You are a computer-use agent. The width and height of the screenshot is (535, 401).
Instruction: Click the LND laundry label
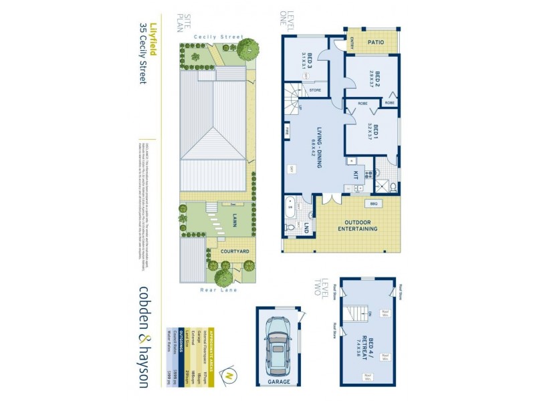tap(306, 227)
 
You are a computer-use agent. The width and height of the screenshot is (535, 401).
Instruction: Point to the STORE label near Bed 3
tap(316, 90)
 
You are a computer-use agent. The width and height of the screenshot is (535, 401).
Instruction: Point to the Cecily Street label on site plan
tap(217, 37)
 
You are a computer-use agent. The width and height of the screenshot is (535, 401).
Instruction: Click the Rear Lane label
tap(218, 290)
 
